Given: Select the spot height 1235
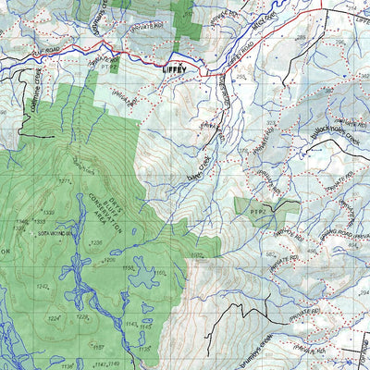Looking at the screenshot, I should pos(95,242).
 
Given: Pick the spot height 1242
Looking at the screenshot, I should pos(42,288).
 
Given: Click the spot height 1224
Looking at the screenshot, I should pos(54,319).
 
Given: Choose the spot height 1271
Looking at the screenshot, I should pos(66,180).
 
